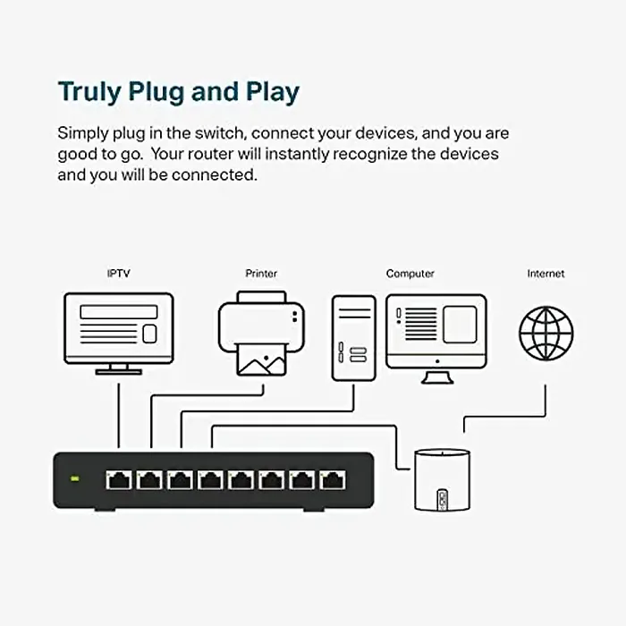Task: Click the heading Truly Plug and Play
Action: [x=179, y=92]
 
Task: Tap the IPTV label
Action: [x=118, y=274]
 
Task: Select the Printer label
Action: [x=261, y=274]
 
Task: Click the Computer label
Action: [x=410, y=274]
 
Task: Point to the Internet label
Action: [x=546, y=274]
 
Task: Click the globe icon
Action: [x=546, y=333]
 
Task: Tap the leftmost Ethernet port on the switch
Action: [x=118, y=480]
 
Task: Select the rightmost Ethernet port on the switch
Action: [x=333, y=480]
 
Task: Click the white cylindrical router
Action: [x=441, y=479]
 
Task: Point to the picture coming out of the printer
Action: [x=261, y=360]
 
